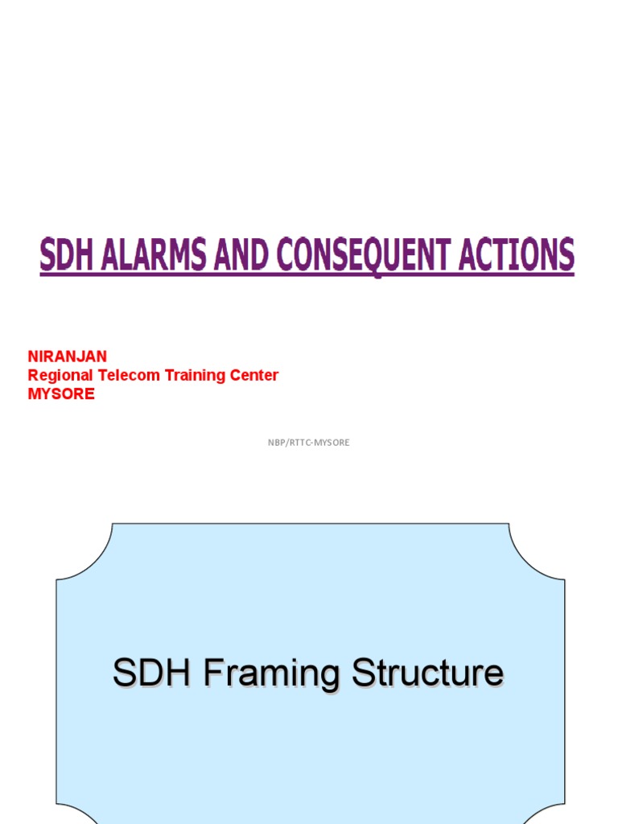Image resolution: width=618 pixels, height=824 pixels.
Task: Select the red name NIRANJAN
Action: click(x=68, y=356)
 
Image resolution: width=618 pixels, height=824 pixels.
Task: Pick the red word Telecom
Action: click(x=127, y=375)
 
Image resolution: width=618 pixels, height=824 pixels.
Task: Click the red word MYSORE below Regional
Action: click(x=61, y=394)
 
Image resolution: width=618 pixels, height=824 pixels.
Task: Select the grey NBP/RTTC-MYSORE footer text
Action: click(x=309, y=443)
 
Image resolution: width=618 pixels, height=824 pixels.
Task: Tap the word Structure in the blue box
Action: click(x=426, y=673)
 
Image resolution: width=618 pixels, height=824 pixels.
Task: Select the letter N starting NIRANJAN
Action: click(x=33, y=356)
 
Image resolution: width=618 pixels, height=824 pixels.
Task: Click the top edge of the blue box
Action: click(x=309, y=524)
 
